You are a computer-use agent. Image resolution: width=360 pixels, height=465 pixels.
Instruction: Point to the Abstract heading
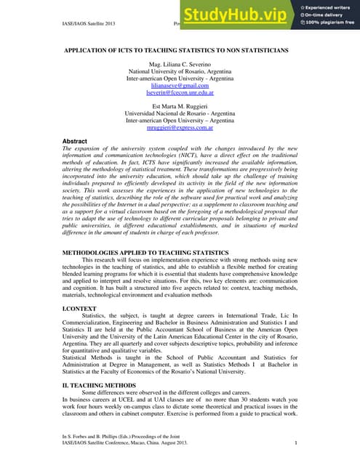pos(76,141)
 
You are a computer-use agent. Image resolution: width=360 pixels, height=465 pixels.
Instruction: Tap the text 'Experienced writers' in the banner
pos(329,7)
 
